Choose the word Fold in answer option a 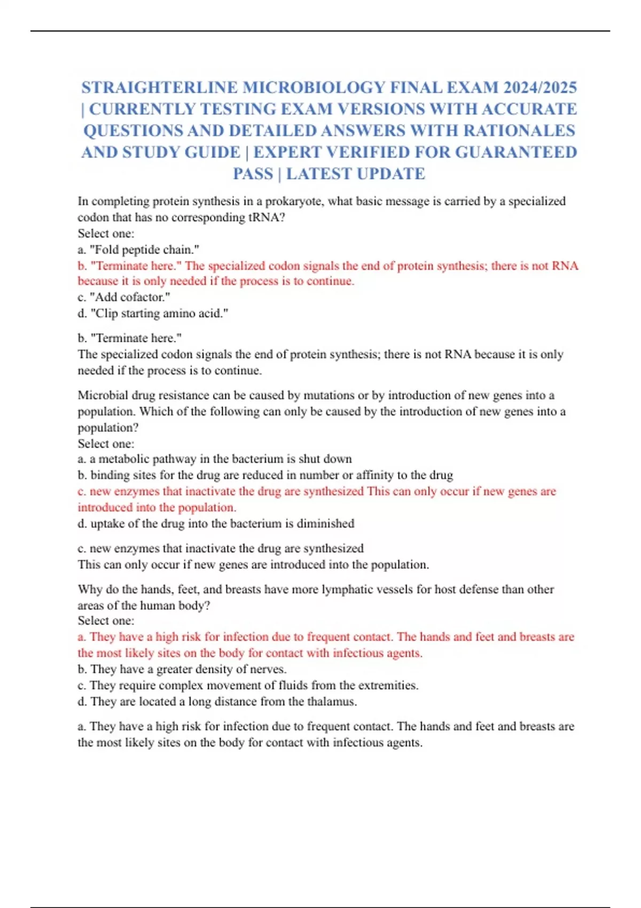point(107,249)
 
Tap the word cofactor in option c point(144,297)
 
